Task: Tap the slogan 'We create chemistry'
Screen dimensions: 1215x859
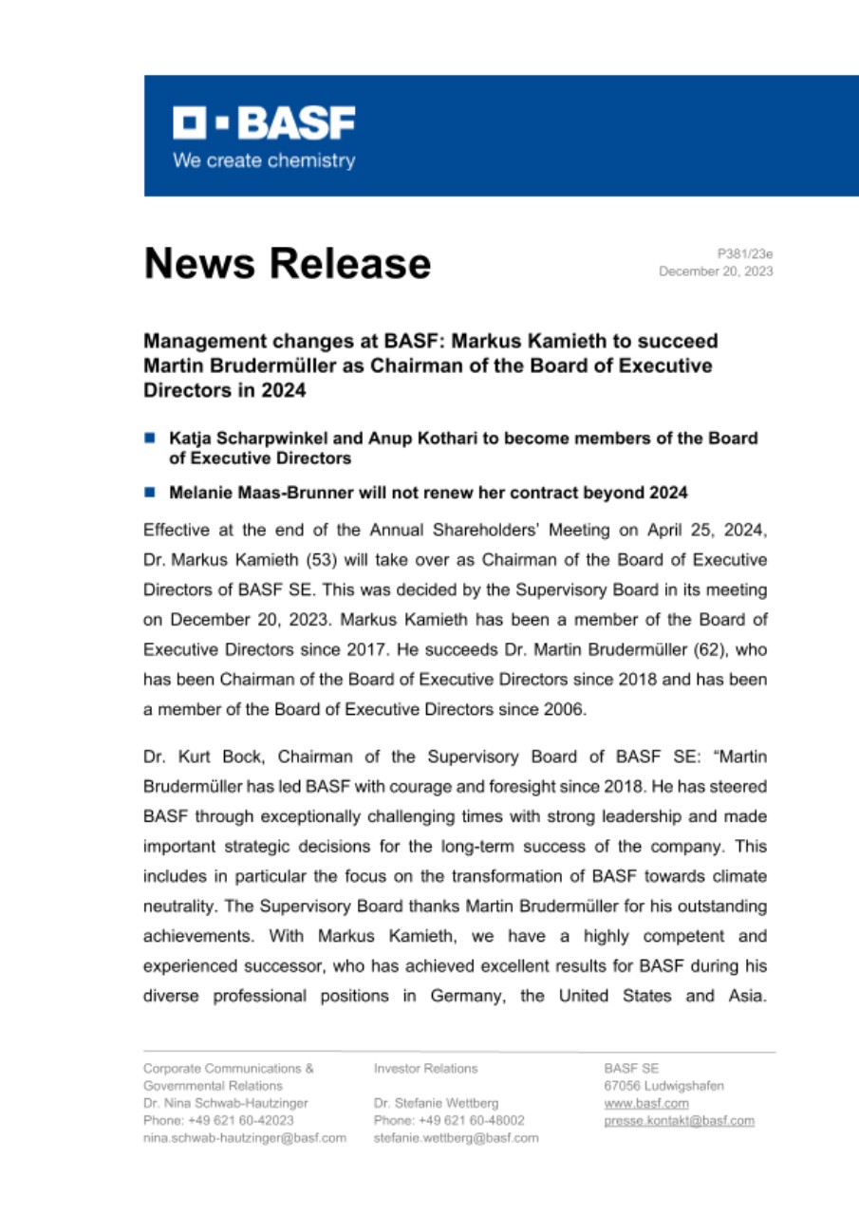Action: point(263,160)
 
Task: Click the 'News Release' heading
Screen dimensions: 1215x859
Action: point(287,263)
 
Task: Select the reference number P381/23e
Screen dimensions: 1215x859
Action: point(745,253)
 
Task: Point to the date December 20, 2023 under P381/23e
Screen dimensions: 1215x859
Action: point(716,271)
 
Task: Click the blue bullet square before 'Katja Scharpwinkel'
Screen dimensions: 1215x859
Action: point(150,439)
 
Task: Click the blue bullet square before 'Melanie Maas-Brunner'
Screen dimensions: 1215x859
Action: point(150,493)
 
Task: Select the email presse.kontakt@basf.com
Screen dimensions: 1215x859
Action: point(679,1120)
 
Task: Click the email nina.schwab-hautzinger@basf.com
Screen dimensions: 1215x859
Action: point(244,1137)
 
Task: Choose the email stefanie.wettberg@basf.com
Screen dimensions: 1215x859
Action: point(456,1137)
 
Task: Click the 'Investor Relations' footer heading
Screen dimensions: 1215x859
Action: point(425,1068)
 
